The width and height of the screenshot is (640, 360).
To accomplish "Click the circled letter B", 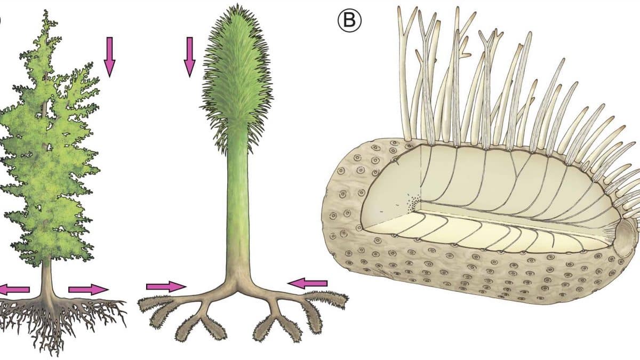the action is point(349,20).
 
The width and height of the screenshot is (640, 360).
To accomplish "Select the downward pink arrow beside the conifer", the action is point(109,57).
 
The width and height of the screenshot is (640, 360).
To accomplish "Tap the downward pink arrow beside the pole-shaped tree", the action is point(189,57).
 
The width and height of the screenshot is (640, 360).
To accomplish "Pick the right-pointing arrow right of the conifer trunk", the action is point(89,290).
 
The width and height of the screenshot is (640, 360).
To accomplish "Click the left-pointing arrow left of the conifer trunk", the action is point(14,290).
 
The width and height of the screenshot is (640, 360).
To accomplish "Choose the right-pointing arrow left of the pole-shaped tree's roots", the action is point(166,286).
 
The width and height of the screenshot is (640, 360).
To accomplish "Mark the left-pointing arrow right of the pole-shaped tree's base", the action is point(307,283).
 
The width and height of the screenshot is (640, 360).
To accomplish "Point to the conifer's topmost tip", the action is point(46,10).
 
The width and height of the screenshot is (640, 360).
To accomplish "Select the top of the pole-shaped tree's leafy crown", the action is point(237,5).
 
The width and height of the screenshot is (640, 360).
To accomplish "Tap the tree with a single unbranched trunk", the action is point(237,171).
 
